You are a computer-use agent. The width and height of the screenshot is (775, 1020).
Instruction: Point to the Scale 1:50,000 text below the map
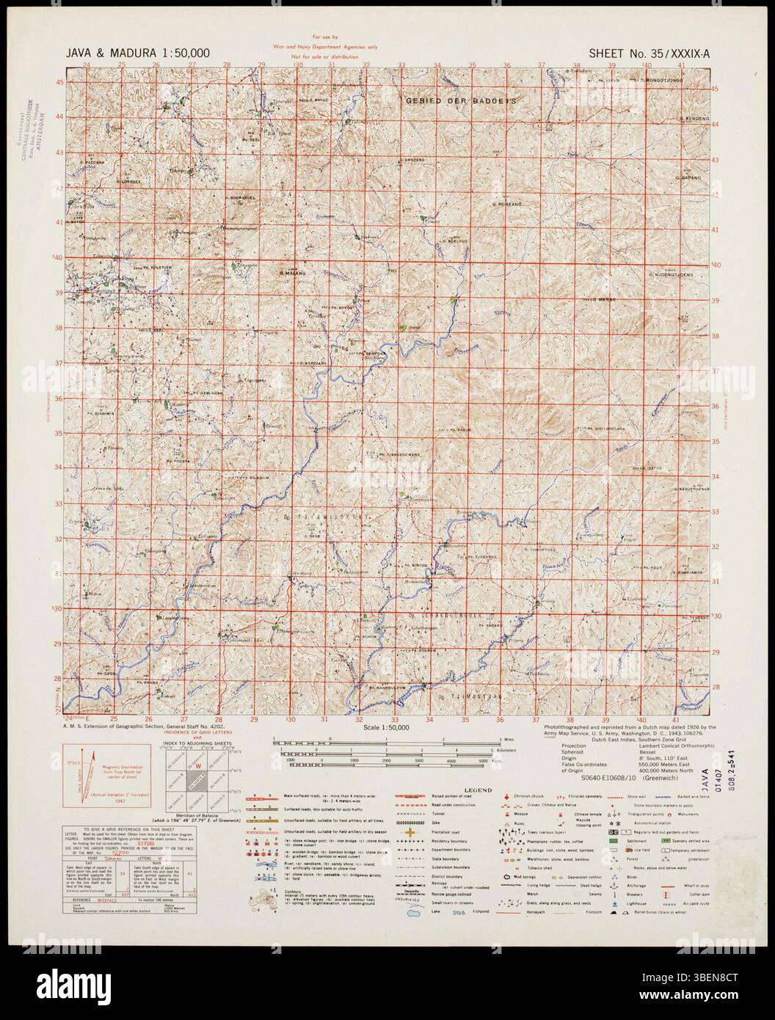(387, 728)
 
